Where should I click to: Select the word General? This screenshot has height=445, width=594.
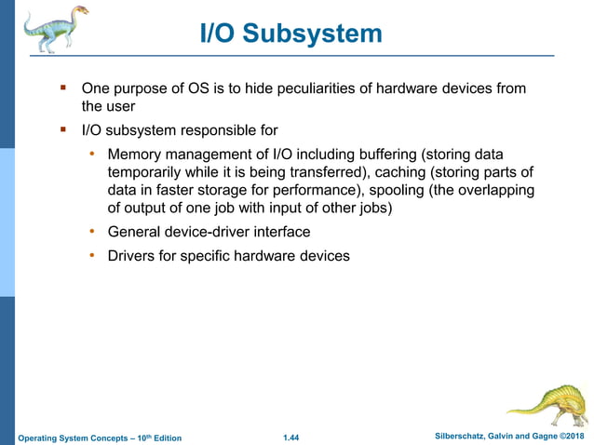137,232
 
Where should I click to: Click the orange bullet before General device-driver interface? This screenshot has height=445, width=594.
92,231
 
